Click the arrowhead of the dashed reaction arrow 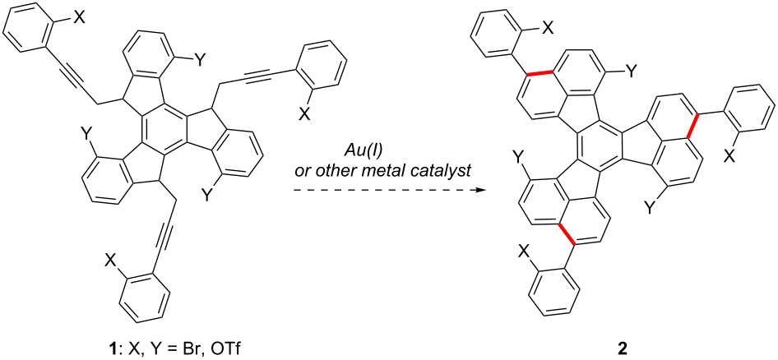[479, 189]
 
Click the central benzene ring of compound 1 [164, 132]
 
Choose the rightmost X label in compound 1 [304, 114]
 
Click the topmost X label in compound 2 [547, 29]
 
